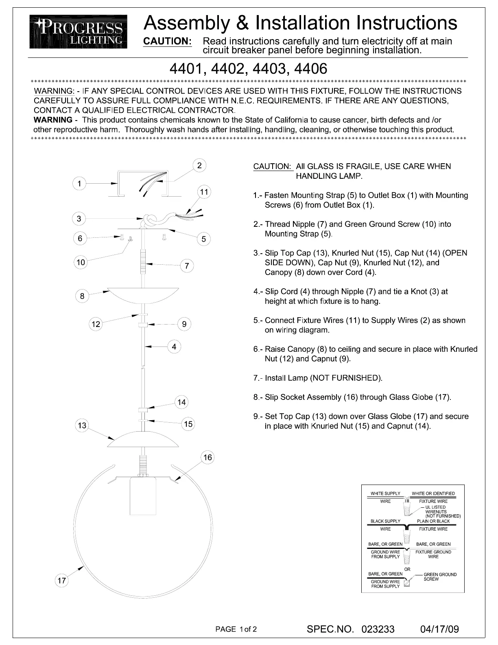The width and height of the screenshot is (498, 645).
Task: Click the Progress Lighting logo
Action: pos(78,32)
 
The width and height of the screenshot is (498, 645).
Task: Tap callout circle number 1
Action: pos(79,184)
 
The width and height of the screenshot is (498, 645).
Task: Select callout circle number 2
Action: pos(199,165)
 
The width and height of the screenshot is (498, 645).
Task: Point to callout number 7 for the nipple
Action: pos(187,266)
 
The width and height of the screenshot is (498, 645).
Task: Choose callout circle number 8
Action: pos(82,296)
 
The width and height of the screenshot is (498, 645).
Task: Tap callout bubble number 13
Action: pos(82,426)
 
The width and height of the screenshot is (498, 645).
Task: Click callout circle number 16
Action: pos(207,457)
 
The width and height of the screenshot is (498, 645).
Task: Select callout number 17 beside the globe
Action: pos(61,581)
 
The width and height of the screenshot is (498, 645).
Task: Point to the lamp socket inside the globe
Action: pos(143,496)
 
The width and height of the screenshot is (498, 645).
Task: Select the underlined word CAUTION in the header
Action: pos(168,41)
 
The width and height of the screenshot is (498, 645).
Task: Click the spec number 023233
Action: pos(378,629)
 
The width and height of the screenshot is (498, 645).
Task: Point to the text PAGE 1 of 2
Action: pos(236,629)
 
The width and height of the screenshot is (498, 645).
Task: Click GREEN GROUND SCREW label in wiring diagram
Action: pos(439,577)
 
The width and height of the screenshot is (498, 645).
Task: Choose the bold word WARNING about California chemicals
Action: pos(52,120)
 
